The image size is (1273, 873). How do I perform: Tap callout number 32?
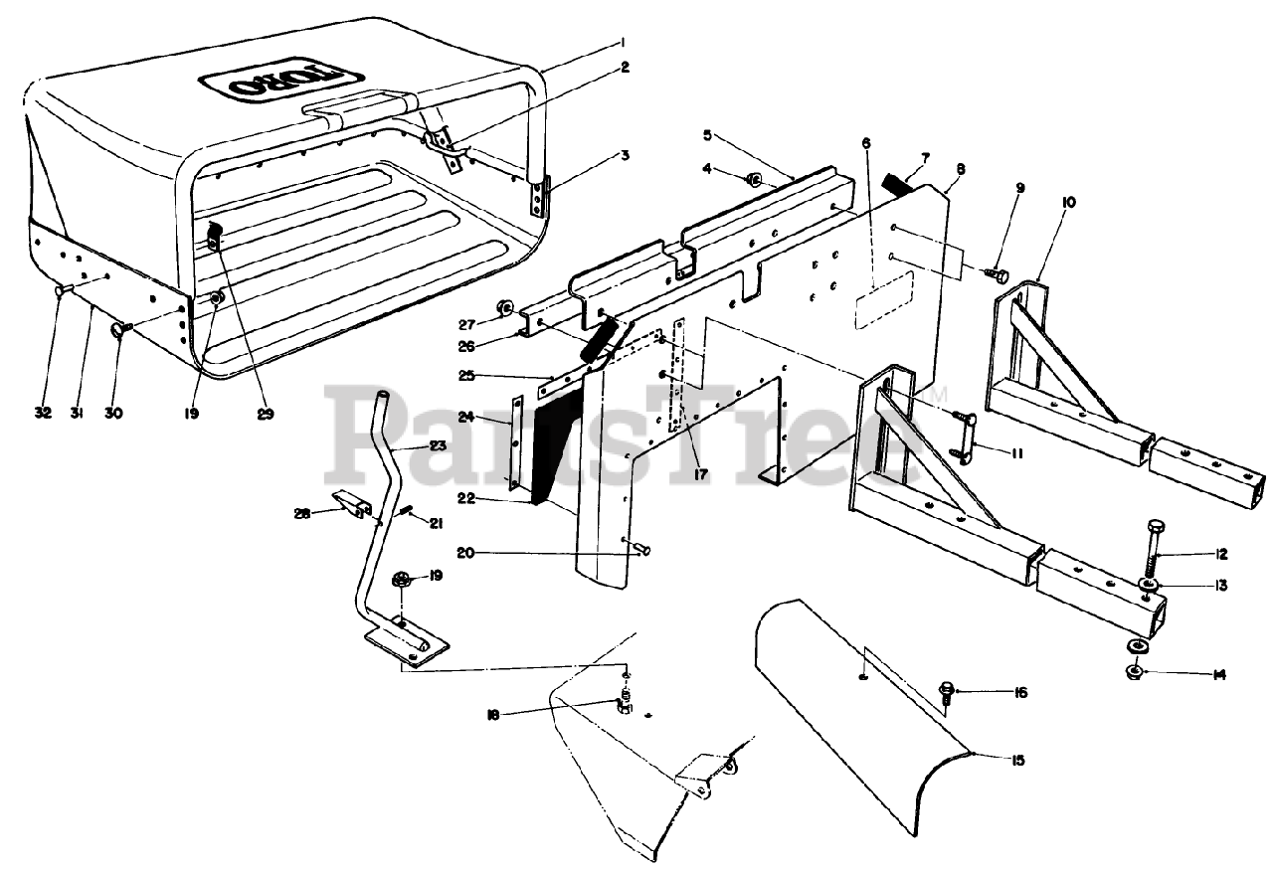coord(42,414)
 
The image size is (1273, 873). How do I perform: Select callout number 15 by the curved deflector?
coord(1015,761)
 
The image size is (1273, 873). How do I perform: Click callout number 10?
coord(1041,202)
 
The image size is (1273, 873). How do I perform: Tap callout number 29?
coord(265,414)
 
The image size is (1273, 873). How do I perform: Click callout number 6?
coord(866,143)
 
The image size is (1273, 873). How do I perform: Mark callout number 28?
coord(302,513)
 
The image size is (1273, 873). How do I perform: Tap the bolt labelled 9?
coord(999,271)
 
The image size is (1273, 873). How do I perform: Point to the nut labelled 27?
coord(506,309)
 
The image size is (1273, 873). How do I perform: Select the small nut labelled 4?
coord(754,181)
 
